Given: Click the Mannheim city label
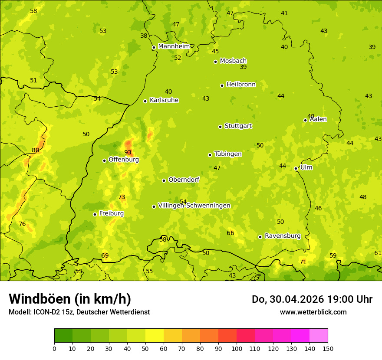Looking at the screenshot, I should [174, 46].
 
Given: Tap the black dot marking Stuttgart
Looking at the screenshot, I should [220, 127].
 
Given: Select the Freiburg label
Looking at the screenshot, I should [111, 213].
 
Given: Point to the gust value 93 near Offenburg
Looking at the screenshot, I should [128, 152].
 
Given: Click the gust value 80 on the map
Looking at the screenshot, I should [36, 151].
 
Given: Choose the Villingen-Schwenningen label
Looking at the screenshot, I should [194, 206].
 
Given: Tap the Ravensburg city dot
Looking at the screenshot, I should [260, 237].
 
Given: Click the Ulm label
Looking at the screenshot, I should [306, 167].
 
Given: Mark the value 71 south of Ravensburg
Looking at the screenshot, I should [303, 262].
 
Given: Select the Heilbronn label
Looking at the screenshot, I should [241, 85].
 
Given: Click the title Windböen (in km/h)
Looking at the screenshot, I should [70, 299].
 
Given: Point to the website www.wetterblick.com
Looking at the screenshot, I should [313, 312].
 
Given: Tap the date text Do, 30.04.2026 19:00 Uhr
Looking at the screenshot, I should [312, 299].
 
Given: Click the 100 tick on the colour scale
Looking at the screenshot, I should [237, 348].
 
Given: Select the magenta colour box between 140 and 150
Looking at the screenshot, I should [319, 336].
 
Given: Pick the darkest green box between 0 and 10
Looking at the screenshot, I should [63, 336].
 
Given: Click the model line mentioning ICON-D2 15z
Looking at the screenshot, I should [79, 312].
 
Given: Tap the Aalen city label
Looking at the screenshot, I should [318, 119].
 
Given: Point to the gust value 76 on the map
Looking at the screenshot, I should [22, 224].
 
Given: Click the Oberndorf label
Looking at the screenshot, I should [184, 180].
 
